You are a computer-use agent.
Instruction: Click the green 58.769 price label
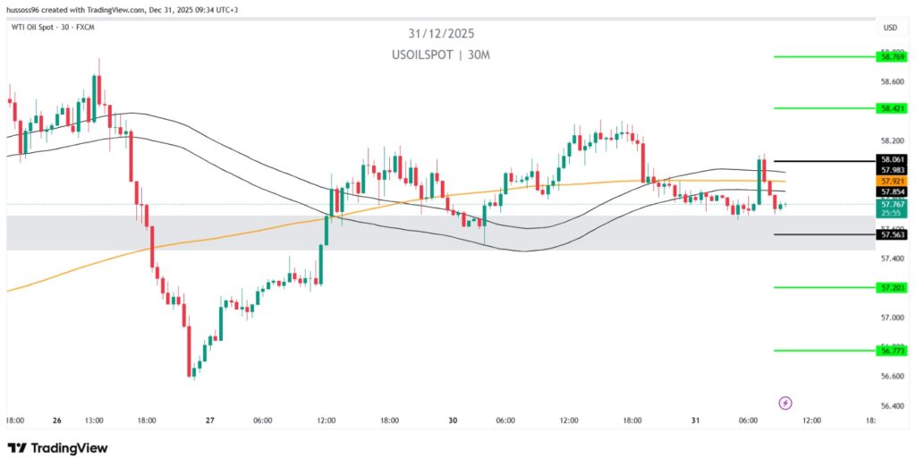click(892, 56)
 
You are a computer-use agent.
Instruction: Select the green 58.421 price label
click(892, 108)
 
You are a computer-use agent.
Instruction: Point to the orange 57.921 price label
click(892, 181)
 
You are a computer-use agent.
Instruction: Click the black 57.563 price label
click(892, 234)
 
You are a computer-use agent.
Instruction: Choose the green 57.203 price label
click(892, 287)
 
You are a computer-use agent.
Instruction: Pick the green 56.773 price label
click(892, 351)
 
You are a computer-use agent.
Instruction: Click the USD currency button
click(889, 28)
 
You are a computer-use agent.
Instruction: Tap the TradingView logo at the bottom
click(57, 447)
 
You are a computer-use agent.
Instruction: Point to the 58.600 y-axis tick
click(892, 81)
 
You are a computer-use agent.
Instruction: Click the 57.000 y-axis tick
click(892, 318)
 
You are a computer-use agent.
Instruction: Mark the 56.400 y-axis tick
click(892, 406)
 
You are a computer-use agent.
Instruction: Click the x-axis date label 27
click(210, 420)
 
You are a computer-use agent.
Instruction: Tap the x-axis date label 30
click(454, 420)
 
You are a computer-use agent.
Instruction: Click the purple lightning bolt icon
click(785, 403)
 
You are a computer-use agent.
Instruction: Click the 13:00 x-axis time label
click(94, 420)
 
